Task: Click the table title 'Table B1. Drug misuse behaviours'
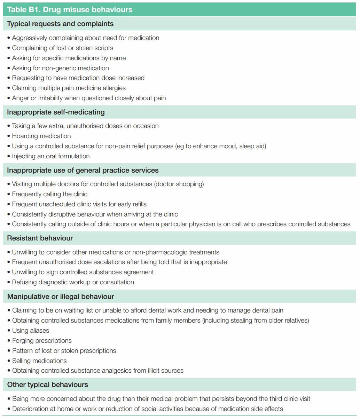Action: (70, 9)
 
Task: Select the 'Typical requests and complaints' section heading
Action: (60, 24)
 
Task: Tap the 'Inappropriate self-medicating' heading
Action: (56, 112)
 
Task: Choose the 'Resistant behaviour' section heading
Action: (40, 238)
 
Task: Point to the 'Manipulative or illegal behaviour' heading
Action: (61, 297)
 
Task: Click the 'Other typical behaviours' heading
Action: (48, 385)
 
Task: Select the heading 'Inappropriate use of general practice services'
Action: (83, 170)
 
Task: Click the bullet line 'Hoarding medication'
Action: (41, 136)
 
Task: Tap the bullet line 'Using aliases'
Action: (31, 331)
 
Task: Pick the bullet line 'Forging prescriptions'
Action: (42, 341)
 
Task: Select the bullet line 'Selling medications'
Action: (39, 361)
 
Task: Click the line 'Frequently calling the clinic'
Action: (50, 194)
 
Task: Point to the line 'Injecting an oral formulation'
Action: (51, 156)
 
